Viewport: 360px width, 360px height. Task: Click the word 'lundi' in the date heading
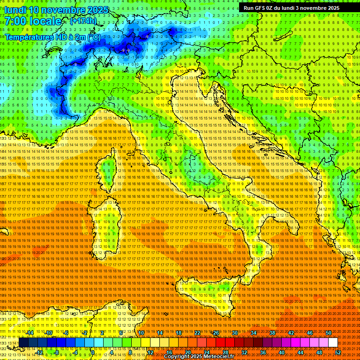(15, 10)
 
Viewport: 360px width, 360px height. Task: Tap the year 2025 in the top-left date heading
(96, 10)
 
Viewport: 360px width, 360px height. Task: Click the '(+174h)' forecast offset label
(83, 21)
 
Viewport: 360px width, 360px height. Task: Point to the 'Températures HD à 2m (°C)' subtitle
(52, 37)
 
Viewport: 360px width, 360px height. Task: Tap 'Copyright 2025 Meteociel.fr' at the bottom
(199, 357)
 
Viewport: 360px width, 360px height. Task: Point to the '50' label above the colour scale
(329, 333)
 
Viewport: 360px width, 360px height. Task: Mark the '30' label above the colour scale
(234, 333)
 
